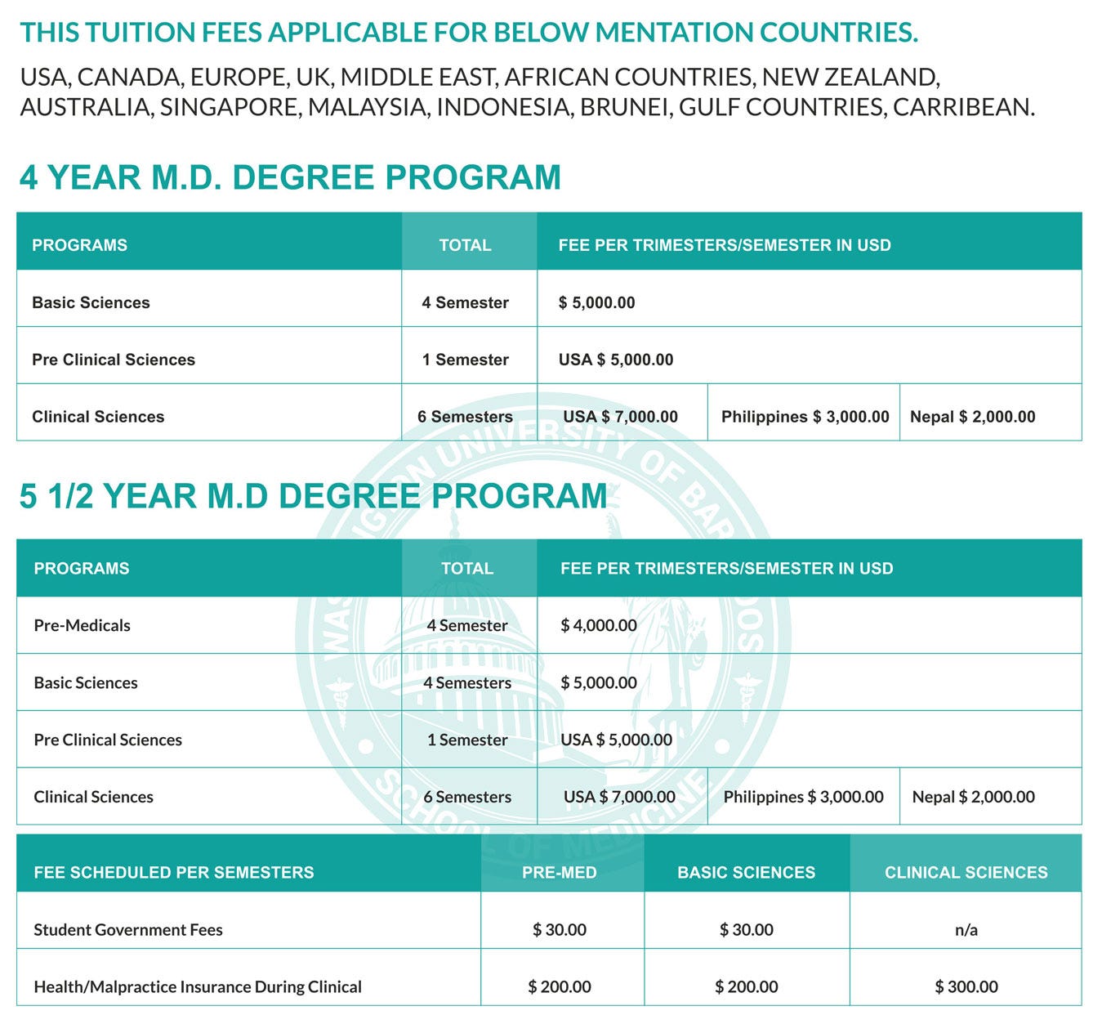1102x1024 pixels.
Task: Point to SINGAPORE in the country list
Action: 230,107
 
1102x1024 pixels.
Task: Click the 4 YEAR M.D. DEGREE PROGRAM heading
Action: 290,177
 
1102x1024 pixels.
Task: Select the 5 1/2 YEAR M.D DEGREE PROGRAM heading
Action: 313,496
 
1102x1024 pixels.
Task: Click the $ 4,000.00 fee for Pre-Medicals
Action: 599,625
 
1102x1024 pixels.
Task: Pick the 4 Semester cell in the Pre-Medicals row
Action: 467,625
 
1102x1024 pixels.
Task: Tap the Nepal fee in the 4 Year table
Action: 972,417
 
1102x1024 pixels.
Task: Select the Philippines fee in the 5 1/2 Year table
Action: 803,797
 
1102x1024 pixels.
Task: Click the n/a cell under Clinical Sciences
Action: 966,930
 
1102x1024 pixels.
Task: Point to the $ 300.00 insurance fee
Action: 966,987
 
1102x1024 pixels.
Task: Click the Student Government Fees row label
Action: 128,930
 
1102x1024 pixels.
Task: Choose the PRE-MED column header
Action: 560,873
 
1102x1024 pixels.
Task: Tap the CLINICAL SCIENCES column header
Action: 966,873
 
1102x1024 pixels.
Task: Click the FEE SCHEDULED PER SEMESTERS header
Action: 174,873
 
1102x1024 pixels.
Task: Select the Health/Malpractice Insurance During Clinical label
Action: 198,987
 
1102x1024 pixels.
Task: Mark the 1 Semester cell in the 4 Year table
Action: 466,360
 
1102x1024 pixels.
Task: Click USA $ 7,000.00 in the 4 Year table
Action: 620,417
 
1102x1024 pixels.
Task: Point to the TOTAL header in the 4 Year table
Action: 466,245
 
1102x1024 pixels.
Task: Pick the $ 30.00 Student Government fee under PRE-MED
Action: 560,930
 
